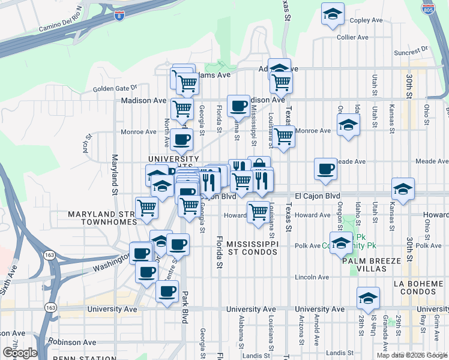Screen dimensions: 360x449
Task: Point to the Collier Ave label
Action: click(x=352, y=37)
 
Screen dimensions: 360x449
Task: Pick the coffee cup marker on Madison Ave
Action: click(x=238, y=106)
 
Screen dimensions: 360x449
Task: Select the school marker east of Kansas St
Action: click(x=403, y=188)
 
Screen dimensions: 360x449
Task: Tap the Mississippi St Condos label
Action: click(x=253, y=248)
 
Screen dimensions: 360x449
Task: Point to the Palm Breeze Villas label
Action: click(x=373, y=265)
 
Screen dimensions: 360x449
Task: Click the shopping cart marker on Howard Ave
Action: click(x=258, y=211)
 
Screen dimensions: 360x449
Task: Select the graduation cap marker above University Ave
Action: click(x=368, y=297)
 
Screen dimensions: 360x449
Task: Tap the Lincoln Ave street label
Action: click(x=315, y=277)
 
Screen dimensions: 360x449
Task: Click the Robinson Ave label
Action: click(x=76, y=342)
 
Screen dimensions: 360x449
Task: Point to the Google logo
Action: click(x=19, y=353)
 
